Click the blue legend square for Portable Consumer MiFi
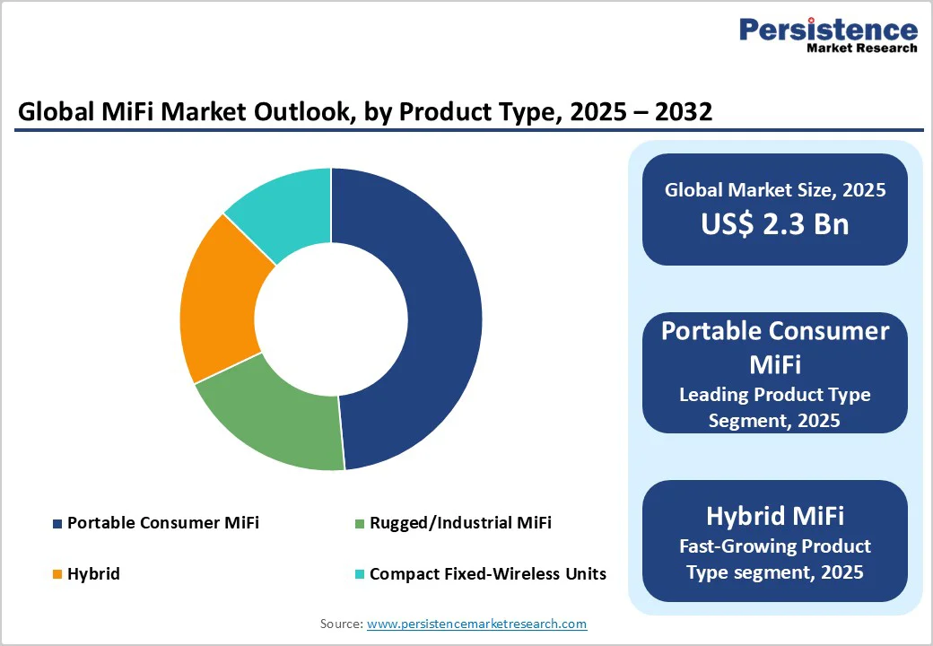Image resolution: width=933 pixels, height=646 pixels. (58, 523)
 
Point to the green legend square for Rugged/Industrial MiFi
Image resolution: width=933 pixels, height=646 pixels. (360, 523)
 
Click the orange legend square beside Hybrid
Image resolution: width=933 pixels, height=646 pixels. (58, 574)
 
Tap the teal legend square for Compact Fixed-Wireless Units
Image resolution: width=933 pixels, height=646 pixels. (360, 574)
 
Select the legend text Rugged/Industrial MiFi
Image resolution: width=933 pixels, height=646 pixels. (460, 523)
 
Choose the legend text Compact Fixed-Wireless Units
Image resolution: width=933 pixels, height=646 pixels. (488, 574)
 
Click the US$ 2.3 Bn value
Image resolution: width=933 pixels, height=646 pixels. (775, 223)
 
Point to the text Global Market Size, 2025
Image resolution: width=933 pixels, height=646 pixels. (775, 190)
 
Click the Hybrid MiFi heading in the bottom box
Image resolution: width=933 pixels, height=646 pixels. (775, 516)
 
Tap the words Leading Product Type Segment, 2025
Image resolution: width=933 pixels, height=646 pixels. (775, 407)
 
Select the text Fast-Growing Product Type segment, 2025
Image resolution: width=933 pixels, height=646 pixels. (775, 559)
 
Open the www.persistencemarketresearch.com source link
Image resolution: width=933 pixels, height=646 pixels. (476, 624)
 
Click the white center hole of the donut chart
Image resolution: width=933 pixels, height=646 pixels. (331, 319)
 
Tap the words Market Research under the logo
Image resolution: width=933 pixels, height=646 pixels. (862, 48)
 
